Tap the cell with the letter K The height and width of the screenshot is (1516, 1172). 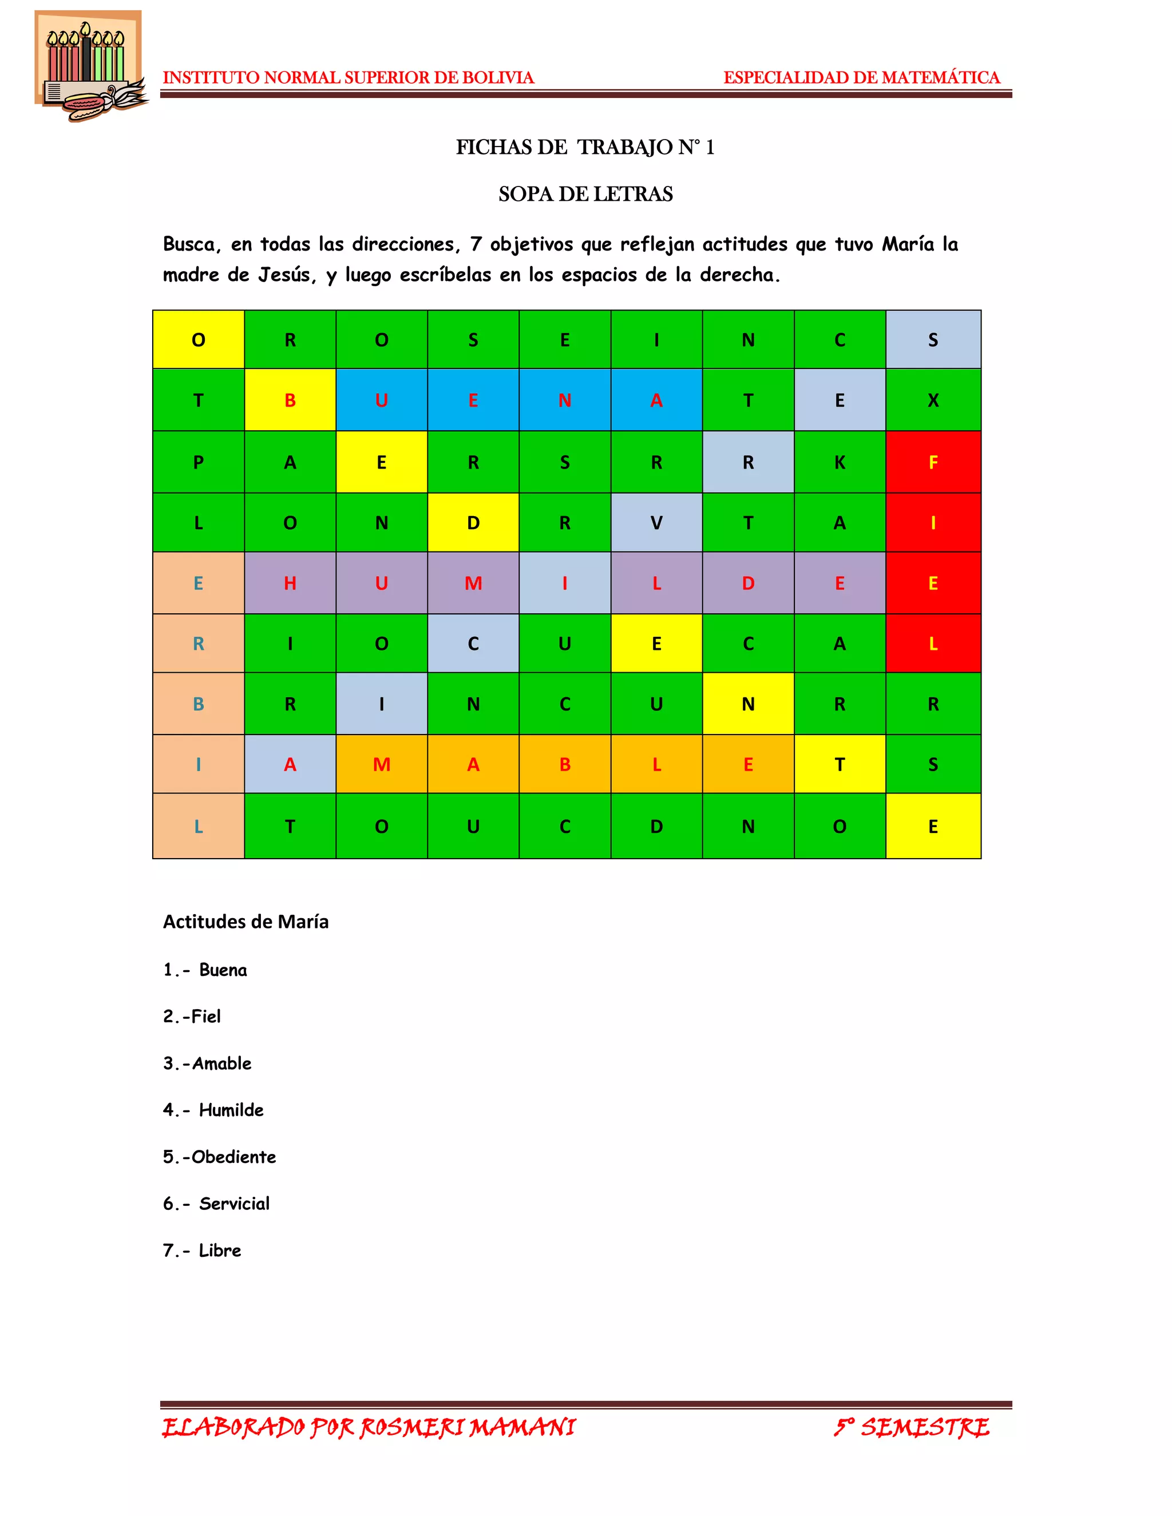tap(840, 462)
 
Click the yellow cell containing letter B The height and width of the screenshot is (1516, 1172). tap(290, 400)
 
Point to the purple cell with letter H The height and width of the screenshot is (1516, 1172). tap(290, 583)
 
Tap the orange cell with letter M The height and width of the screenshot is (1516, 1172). tap(381, 764)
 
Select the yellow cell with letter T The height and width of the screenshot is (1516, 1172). tap(840, 764)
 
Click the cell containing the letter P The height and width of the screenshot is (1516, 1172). tap(199, 462)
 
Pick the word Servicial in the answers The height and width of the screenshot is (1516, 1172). tap(234, 1204)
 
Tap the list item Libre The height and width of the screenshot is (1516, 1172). tap(219, 1250)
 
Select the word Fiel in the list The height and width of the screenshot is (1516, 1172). tap(205, 1016)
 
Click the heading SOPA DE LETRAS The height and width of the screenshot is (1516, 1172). tap(585, 194)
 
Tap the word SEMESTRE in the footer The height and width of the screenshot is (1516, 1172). tap(925, 1427)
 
